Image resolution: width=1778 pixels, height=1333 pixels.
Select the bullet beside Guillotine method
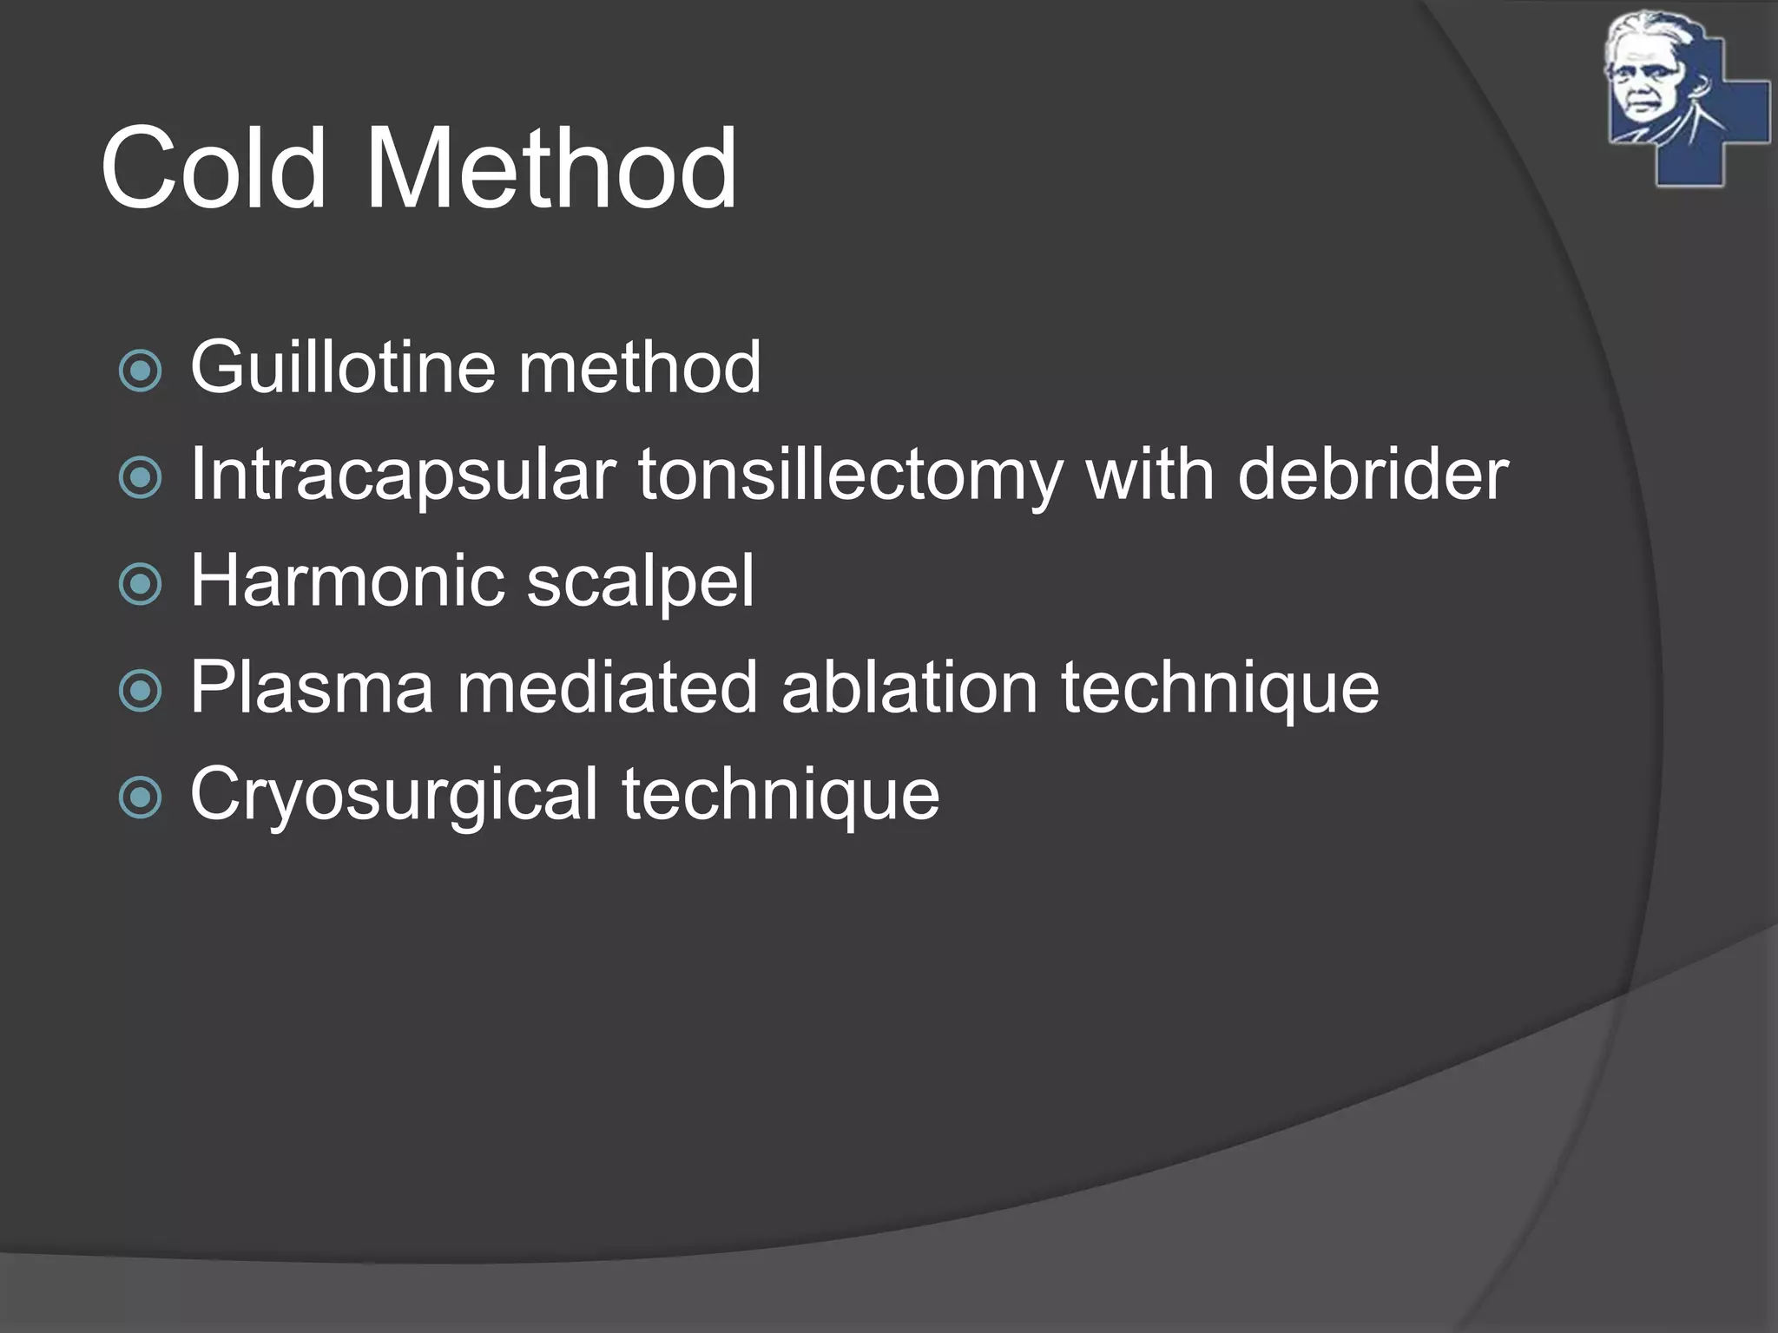(140, 371)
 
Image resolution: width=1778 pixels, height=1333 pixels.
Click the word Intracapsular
(403, 475)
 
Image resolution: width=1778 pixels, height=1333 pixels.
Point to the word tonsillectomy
(851, 476)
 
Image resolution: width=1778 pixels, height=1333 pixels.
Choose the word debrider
(1373, 475)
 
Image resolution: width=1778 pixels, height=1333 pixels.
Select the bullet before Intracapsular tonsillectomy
(140, 478)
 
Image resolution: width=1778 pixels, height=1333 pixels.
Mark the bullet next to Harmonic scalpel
(140, 585)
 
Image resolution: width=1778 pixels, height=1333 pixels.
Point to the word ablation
(909, 687)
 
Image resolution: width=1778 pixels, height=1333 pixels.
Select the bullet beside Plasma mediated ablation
(140, 692)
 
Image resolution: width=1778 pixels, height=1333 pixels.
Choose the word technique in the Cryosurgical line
(780, 795)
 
